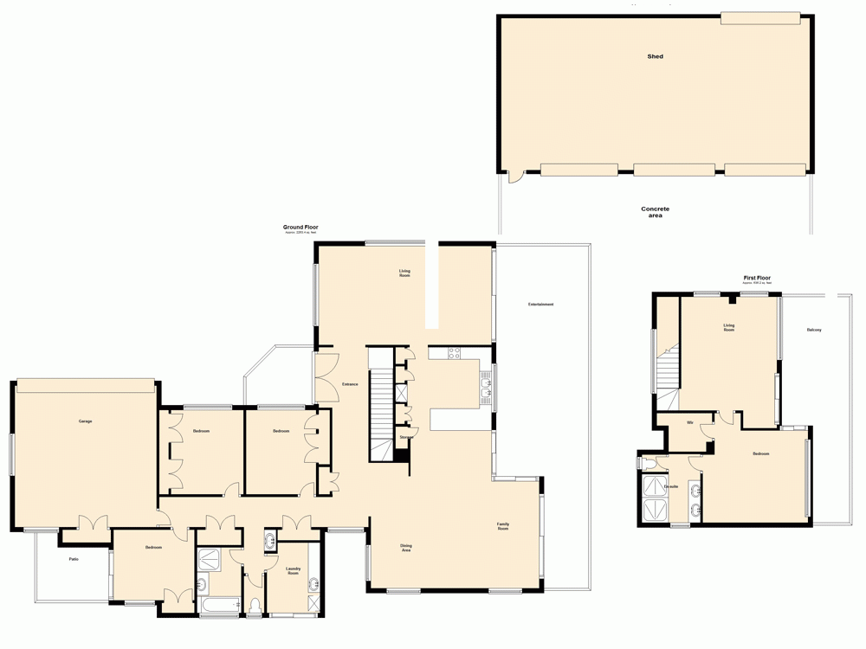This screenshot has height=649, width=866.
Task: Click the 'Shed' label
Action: tap(656, 56)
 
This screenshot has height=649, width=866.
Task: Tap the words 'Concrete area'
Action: tap(655, 212)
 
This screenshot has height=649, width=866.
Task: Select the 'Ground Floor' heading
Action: tap(301, 228)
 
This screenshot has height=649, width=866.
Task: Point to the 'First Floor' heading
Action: tap(756, 278)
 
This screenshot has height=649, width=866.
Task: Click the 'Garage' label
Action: tap(85, 421)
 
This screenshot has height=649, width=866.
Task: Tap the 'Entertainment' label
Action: tap(540, 305)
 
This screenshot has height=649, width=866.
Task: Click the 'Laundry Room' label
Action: tap(293, 571)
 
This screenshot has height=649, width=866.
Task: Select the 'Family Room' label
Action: tap(502, 526)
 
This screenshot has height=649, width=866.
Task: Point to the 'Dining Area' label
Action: tap(405, 548)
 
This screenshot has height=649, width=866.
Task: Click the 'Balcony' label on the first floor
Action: tap(814, 331)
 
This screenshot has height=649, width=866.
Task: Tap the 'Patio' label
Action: tap(74, 560)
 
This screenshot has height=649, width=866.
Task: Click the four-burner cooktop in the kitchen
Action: tap(454, 353)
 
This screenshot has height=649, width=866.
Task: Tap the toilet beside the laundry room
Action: tap(254, 603)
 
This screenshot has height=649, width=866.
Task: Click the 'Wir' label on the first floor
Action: tap(690, 423)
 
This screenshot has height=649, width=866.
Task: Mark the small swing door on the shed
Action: tap(515, 177)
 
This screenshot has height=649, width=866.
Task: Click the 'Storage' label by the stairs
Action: tap(406, 438)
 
